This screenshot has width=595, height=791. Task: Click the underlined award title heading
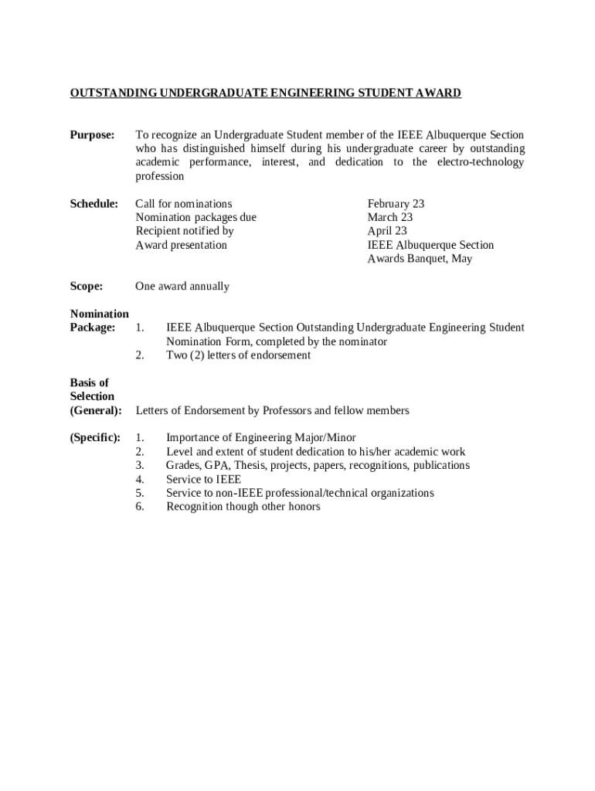[x=265, y=93]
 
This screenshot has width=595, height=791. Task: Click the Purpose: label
[x=93, y=135]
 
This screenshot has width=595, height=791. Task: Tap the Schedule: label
[x=94, y=204]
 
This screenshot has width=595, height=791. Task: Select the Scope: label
[x=87, y=287]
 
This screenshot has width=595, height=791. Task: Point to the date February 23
[x=396, y=204]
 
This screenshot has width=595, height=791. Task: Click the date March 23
[x=389, y=218]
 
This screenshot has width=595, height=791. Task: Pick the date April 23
[x=386, y=231]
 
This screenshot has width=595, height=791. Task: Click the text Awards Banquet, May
[x=419, y=259]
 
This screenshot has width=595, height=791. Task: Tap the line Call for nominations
[x=183, y=204]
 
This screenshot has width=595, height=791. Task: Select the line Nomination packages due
[x=195, y=218]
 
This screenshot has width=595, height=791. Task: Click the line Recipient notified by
[x=185, y=231]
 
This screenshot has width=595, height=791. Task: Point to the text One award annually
[x=182, y=287]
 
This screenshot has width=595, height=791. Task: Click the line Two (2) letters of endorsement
[x=238, y=355]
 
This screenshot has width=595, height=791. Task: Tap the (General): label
[x=96, y=410]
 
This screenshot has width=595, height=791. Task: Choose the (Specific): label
[x=95, y=438]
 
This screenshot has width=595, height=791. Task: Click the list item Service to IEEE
[x=203, y=480]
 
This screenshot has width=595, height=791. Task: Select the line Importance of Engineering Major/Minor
[x=260, y=438]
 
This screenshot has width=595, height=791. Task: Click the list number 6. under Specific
[x=140, y=507]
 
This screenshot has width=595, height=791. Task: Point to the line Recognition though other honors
[x=243, y=507]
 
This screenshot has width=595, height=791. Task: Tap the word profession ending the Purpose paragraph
[x=160, y=176]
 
